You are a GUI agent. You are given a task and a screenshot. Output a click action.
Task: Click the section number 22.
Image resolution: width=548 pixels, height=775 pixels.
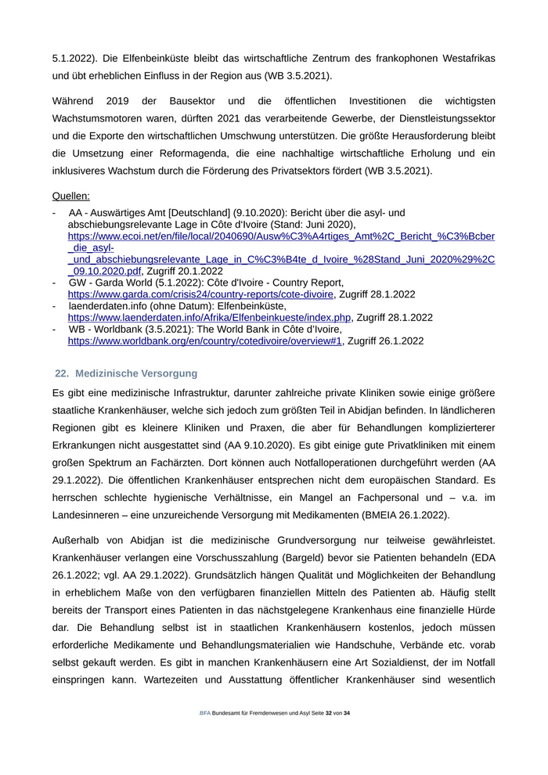tap(62, 373)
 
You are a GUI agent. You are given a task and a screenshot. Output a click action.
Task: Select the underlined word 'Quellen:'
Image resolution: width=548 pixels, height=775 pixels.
tap(71, 196)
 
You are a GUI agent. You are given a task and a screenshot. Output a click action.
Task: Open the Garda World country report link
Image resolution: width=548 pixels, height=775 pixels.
tap(200, 294)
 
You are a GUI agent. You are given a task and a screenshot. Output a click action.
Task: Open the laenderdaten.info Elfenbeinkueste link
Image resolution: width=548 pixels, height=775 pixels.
tap(209, 318)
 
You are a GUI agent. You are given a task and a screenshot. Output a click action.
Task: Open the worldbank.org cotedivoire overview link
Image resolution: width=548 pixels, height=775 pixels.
tap(205, 341)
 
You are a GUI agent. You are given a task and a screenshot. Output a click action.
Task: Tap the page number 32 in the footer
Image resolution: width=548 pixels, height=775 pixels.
tap(330, 714)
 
